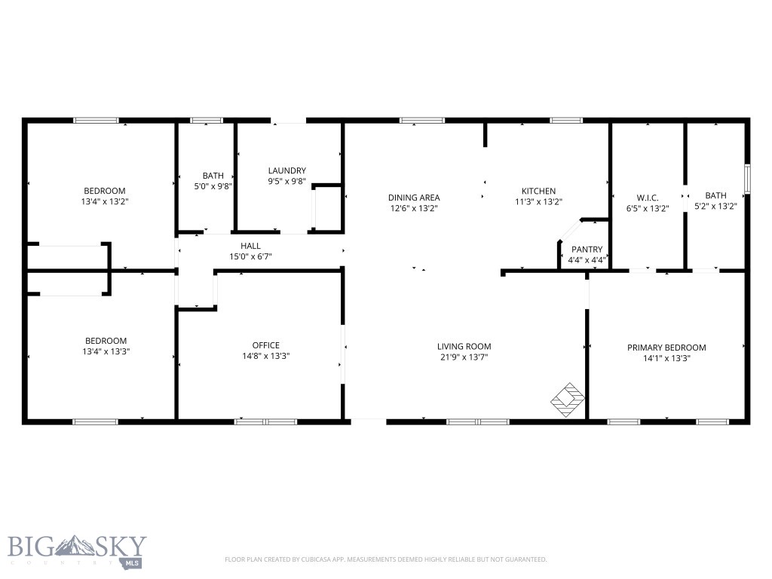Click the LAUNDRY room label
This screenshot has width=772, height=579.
tap(287, 171)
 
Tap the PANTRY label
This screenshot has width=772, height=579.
tap(587, 250)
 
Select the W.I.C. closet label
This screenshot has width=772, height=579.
tap(648, 198)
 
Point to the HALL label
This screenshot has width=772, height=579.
tap(250, 246)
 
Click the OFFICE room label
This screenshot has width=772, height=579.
tap(266, 345)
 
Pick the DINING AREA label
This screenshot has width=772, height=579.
tap(414, 198)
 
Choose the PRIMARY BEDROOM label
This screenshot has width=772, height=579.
tap(666, 348)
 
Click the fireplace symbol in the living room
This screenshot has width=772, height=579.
tap(567, 400)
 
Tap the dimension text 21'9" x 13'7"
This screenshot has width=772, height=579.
tap(464, 357)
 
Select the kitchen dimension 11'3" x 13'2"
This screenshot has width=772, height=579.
tap(538, 201)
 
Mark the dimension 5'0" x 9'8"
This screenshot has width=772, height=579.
tap(213, 186)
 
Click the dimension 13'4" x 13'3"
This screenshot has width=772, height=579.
tap(106, 351)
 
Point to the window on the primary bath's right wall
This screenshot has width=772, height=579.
tap(747, 179)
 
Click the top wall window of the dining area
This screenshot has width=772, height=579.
tap(422, 120)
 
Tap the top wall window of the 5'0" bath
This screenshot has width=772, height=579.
tap(207, 120)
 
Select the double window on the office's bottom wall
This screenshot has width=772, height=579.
tap(266, 422)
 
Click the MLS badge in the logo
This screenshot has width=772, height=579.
tap(132, 562)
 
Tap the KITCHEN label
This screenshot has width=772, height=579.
tap(538, 191)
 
